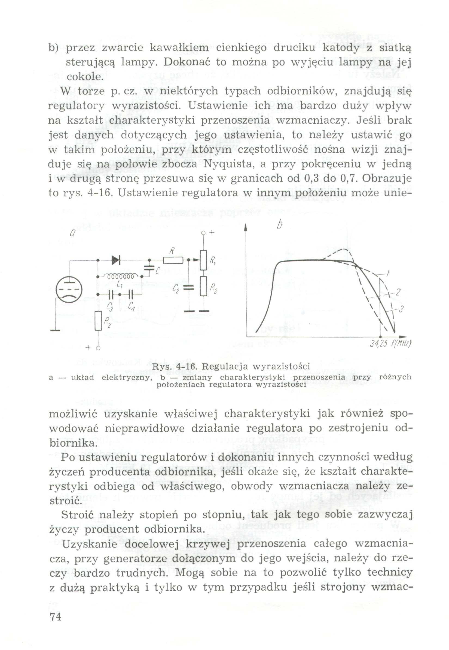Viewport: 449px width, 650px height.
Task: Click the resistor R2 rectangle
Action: pos(98,320)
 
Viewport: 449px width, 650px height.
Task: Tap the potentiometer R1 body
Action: pos(203,260)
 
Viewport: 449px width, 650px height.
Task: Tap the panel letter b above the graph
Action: pos(279,225)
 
